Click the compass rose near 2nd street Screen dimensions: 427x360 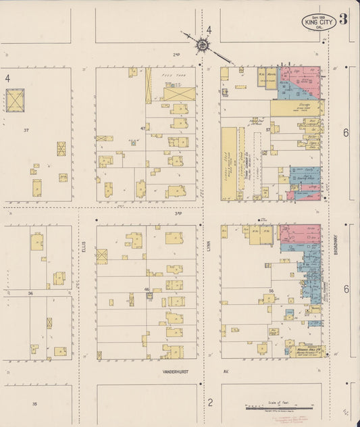(202, 45)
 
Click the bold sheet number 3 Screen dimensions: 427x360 (344, 19)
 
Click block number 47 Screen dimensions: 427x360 (143, 128)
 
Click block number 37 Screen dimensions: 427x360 (26, 129)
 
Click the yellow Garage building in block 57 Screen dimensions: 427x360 (294, 107)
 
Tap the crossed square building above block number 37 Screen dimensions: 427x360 (16, 100)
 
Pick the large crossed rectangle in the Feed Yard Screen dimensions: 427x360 (179, 93)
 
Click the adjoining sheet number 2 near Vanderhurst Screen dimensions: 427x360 (210, 403)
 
